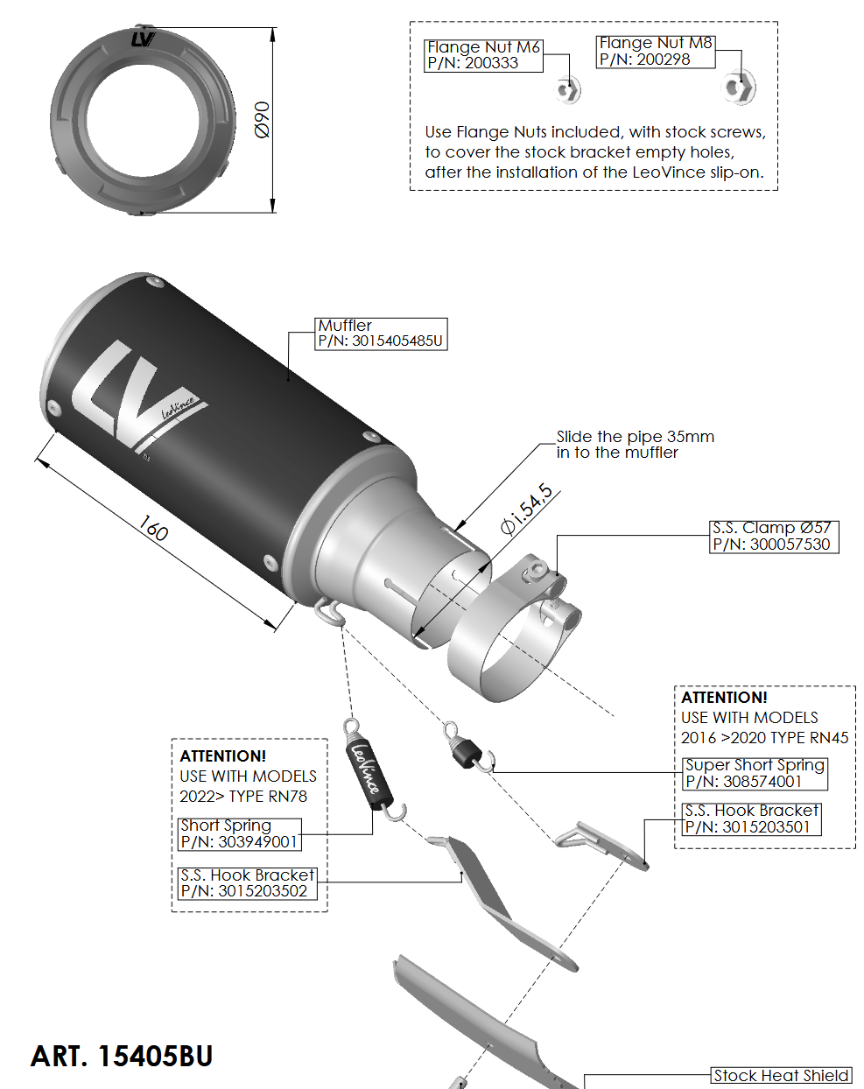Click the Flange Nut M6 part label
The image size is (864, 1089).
[483, 55]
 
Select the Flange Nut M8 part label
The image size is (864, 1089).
[655, 52]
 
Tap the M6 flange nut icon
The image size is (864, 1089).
[567, 89]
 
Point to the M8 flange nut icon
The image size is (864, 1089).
[739, 88]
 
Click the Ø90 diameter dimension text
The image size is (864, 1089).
[262, 119]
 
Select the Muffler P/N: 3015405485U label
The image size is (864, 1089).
[380, 334]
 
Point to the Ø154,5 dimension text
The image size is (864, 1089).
[527, 509]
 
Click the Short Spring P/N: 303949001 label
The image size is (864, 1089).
[240, 833]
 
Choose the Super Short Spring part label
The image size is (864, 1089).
[754, 773]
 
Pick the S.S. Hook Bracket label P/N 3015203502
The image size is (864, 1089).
[247, 883]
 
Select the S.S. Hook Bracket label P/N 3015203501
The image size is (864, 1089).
[751, 819]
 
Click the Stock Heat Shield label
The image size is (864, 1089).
[780, 1076]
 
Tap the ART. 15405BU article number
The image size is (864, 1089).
[122, 1057]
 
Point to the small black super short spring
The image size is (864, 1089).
[464, 749]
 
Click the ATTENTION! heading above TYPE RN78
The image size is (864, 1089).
[223, 755]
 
